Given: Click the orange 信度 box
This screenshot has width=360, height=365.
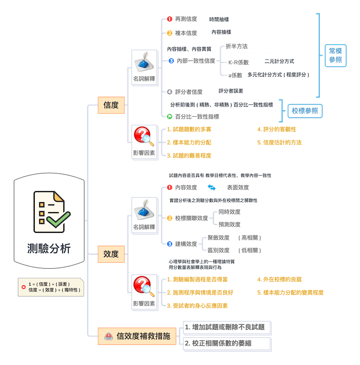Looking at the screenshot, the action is (111, 105).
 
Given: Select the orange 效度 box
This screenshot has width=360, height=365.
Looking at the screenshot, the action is (111, 254).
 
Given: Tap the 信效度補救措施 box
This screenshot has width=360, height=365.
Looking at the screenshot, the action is (137, 336).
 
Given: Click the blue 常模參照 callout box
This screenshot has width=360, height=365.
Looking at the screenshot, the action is (335, 55).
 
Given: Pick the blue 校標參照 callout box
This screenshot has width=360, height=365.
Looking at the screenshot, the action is (305, 111).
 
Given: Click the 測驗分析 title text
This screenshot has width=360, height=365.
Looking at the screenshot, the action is (49, 248).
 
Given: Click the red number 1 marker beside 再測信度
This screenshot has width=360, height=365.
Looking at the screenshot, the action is (169, 19).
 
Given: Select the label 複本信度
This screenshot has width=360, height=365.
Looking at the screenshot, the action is (186, 33).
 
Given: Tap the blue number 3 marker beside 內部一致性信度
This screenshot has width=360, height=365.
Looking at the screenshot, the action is (171, 61).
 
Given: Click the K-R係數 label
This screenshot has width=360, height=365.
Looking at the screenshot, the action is (238, 63).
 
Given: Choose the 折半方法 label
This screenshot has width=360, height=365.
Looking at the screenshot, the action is (237, 47).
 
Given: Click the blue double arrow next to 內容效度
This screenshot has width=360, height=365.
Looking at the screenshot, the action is (212, 188).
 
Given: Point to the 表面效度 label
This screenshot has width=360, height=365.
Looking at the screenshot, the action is (238, 188).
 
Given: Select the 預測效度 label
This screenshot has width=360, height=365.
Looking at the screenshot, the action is (229, 224).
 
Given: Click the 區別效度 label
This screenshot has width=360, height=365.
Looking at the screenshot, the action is (218, 250).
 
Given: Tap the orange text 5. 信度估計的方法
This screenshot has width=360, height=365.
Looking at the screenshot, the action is (279, 142).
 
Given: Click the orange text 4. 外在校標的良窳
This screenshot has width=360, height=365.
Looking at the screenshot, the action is (279, 279).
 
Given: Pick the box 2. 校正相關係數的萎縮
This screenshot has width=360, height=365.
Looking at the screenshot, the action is (227, 344).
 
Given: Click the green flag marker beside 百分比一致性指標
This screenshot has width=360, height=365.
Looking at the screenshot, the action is (169, 117).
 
